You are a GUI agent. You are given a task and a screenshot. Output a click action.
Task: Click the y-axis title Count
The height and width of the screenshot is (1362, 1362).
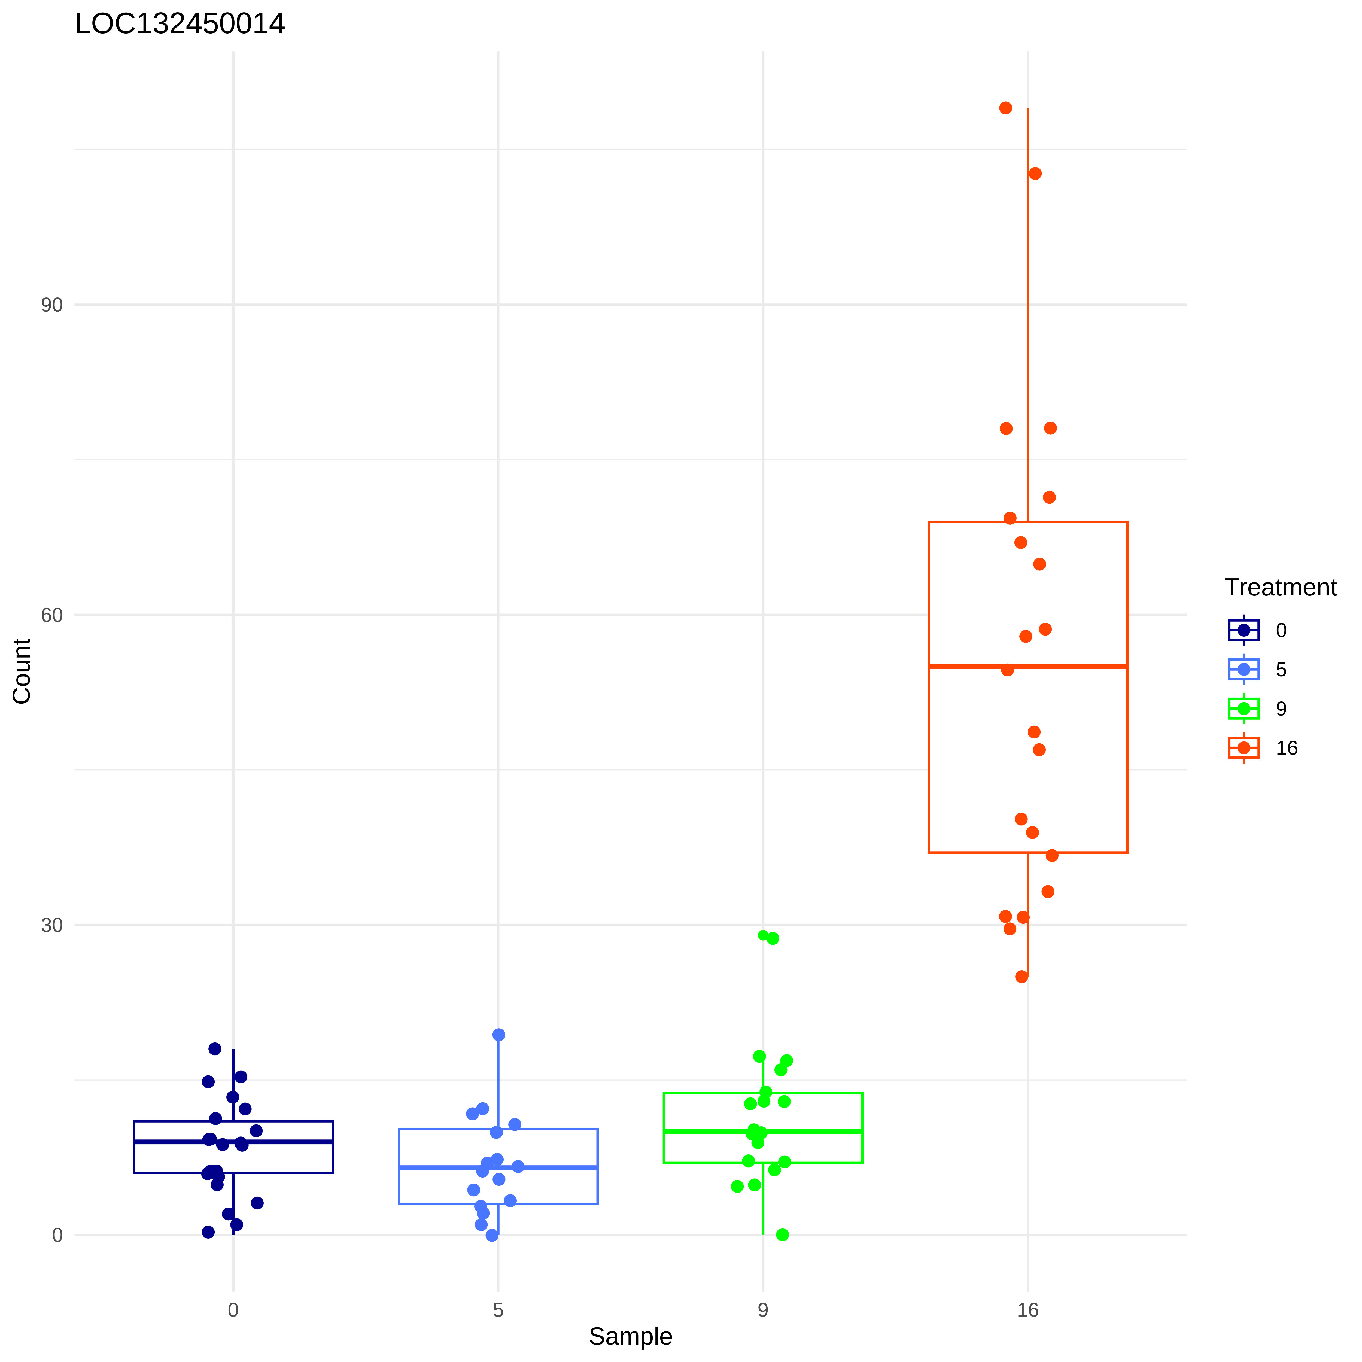pos(22,671)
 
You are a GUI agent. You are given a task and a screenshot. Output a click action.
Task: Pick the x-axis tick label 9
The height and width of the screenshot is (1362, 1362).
pos(763,1311)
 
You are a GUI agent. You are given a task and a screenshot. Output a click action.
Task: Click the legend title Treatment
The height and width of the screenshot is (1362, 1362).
pos(1280,587)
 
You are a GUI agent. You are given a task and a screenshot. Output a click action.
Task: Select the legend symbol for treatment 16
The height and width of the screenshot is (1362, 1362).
pos(1244,748)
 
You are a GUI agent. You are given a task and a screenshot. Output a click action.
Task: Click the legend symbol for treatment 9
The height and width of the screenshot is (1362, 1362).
pos(1244,709)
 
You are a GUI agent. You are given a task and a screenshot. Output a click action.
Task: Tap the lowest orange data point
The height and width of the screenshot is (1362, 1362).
pos(1021,976)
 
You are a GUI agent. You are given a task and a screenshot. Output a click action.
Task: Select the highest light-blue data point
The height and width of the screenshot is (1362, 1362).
pos(498,1035)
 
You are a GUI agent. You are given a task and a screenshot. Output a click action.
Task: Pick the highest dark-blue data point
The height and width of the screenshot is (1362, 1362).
pos(215,1049)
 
